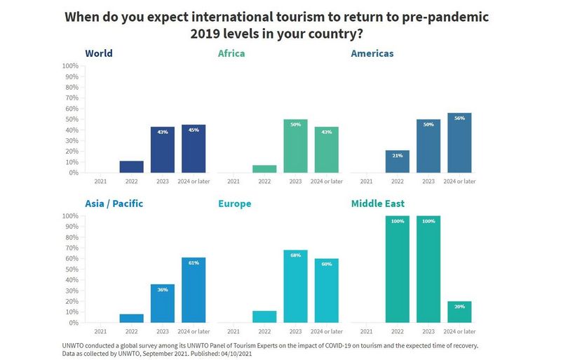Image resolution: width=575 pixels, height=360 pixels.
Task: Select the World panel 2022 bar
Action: click(131, 167)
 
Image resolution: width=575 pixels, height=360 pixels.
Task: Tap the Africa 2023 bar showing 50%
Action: click(295, 146)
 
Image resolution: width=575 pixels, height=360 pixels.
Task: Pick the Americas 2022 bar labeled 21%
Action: click(397, 161)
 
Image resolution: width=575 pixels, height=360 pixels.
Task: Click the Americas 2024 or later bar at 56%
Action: click(459, 143)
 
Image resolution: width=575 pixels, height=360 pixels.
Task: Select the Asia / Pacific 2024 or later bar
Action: click(194, 290)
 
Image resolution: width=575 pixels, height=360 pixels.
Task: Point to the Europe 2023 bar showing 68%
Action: click(295, 286)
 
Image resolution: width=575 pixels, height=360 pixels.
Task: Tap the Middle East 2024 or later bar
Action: click(459, 312)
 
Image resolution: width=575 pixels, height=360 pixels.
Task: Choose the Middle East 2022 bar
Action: click(397, 269)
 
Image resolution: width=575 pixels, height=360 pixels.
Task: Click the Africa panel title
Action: click(231, 53)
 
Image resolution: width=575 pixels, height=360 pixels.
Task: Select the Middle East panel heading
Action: click(377, 204)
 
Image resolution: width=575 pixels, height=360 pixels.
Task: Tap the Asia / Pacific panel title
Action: click(114, 204)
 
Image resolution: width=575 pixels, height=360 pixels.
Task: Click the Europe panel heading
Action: click(234, 204)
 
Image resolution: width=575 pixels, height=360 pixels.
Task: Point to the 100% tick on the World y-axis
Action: click(70, 66)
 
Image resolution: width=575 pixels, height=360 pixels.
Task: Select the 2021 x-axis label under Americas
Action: click(366, 181)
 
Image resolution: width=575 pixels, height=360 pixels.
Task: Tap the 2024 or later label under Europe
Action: click(327, 331)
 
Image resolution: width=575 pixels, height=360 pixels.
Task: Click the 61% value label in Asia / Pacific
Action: click(194, 263)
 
